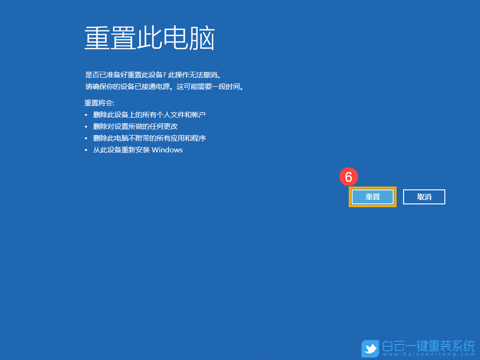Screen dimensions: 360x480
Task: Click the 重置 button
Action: click(x=373, y=197)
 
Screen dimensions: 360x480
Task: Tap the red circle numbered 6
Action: click(x=348, y=177)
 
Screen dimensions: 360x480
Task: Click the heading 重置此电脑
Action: click(x=150, y=38)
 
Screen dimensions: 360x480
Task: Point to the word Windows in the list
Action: click(x=167, y=150)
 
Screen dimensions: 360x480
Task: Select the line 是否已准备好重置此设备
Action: click(x=124, y=75)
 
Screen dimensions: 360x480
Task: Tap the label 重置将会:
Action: click(x=99, y=103)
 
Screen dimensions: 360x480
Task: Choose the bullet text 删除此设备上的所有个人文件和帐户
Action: click(x=150, y=114)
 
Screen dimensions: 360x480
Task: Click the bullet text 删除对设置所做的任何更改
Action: click(x=135, y=126)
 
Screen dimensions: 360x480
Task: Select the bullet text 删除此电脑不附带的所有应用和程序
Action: click(x=150, y=138)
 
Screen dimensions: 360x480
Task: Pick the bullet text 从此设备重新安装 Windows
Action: click(x=138, y=150)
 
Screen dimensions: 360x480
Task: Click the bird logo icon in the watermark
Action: click(x=370, y=349)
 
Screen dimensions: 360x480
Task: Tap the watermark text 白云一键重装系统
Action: click(x=428, y=346)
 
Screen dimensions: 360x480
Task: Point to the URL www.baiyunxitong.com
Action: click(x=428, y=355)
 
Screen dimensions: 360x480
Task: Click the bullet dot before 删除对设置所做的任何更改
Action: click(x=86, y=127)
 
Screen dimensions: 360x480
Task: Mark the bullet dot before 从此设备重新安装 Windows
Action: click(x=86, y=150)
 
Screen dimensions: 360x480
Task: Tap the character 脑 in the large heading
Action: click(x=202, y=38)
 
